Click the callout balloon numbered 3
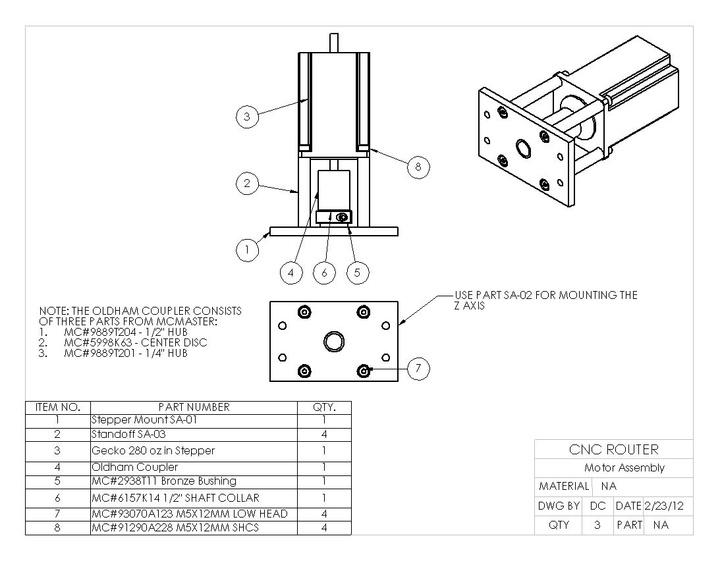[246, 117]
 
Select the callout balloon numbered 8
[418, 167]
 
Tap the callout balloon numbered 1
[246, 250]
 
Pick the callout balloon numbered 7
[418, 369]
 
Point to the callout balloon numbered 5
[357, 273]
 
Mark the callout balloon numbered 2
[246, 184]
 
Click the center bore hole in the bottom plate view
[333, 341]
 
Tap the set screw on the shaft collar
[341, 217]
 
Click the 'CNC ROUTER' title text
[613, 450]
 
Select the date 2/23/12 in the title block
[664, 506]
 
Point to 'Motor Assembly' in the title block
[624, 468]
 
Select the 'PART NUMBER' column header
[194, 407]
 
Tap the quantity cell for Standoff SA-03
[324, 434]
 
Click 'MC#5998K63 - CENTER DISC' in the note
[135, 342]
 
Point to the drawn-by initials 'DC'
[597, 506]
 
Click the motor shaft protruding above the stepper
[333, 43]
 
